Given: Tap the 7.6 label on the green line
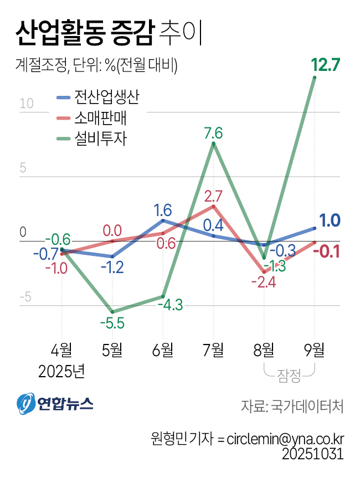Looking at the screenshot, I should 213,133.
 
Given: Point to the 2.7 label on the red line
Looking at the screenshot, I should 213,196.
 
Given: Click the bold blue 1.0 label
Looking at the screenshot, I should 330,220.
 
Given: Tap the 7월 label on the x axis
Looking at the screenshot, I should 213,350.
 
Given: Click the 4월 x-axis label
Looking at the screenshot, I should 61,350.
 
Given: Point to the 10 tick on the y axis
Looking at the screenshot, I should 27,104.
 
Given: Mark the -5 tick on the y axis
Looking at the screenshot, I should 25,297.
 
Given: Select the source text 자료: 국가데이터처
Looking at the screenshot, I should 292,405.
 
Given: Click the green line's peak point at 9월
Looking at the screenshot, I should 315,78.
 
